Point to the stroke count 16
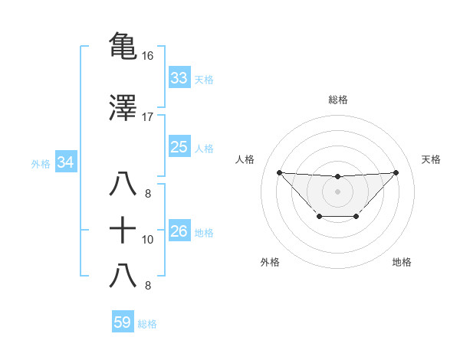pos(148,56)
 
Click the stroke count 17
pos(148,116)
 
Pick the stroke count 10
pos(148,240)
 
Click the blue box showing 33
pos(179,77)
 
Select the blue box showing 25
pos(179,147)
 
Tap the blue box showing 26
pos(179,231)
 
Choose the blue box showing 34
pos(65,162)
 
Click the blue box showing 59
pos(122,322)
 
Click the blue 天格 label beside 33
pos(204,79)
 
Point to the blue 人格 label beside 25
pos(204,149)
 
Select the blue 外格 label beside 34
pos(41,164)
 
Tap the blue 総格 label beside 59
pos(147,324)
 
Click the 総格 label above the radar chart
pos(337,100)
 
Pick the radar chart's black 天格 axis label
pos(431,159)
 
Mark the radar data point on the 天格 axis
pos(396,172)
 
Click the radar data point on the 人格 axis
pos(279,172)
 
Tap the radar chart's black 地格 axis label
pos(402,262)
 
